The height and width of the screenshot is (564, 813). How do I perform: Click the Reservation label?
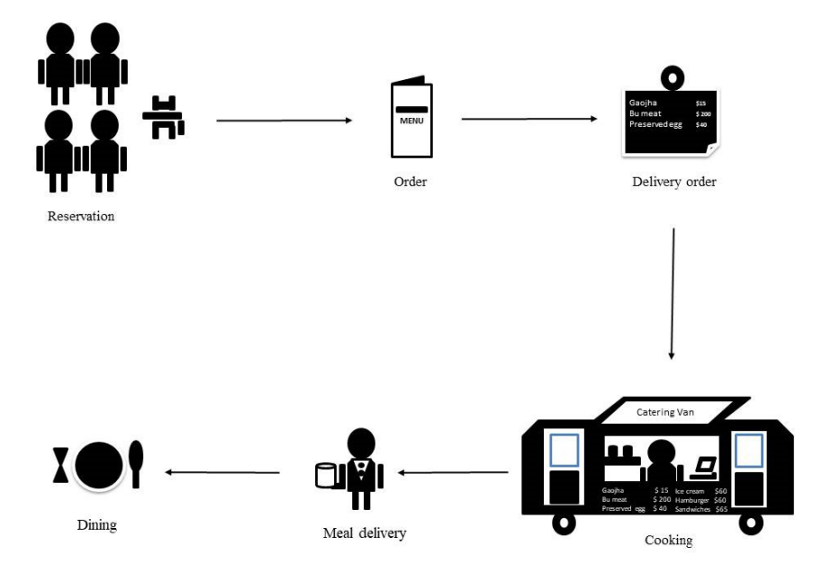[x=81, y=216]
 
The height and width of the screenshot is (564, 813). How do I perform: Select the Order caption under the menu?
[x=410, y=182]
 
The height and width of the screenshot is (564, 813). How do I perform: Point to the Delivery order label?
[x=674, y=183]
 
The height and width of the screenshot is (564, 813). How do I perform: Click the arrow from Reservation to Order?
[x=284, y=120]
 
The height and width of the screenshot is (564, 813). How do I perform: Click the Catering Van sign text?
[x=665, y=413]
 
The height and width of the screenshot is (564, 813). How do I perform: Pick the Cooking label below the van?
[x=668, y=541]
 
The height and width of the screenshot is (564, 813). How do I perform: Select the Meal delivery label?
[x=365, y=533]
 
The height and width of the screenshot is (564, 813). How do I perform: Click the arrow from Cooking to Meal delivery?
[x=454, y=472]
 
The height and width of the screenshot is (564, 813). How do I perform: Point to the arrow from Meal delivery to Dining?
[x=223, y=472]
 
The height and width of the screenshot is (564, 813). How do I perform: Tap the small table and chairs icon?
[x=163, y=118]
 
